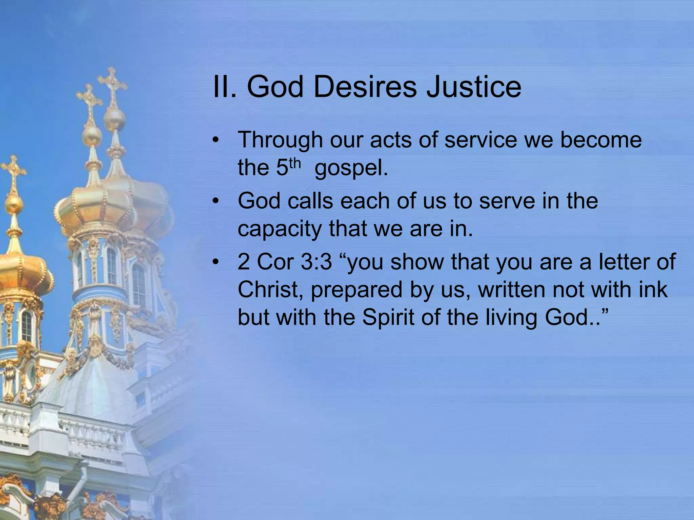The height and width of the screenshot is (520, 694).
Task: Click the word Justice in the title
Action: pyautogui.click(x=473, y=87)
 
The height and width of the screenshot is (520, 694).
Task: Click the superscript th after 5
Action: pyautogui.click(x=294, y=163)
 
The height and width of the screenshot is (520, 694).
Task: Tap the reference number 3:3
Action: pyautogui.click(x=316, y=262)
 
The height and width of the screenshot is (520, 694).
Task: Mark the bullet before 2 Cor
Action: pyautogui.click(x=216, y=262)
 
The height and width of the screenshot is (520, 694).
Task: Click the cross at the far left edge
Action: pyautogui.click(x=13, y=171)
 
